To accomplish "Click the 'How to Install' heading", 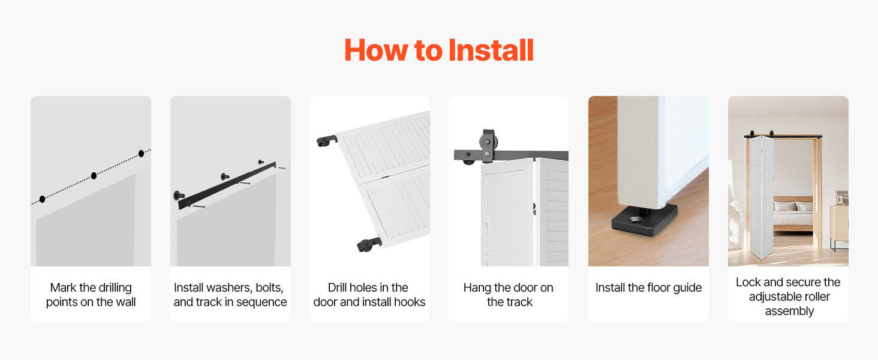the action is point(439,50).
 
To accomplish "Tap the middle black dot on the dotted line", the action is point(94,176).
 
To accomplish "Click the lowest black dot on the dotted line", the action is point(43,199).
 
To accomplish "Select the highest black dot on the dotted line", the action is point(141,154).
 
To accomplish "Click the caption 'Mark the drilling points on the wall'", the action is point(91,295).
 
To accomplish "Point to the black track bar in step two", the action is point(227,185).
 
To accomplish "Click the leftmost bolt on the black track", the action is point(179,194).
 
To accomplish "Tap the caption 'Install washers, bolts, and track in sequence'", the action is point(230,295).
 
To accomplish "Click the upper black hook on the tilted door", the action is point(327,140).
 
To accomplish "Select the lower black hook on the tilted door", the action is point(369,244).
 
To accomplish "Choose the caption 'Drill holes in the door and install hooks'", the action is point(369,295).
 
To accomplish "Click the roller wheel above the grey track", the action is point(488,142).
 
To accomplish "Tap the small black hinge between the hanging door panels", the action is point(534,209).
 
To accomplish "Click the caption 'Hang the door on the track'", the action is point(509,295).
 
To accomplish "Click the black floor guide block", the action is point(645,221).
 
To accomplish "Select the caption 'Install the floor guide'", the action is point(648,288).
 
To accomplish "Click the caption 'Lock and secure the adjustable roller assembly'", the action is point(788,296).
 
